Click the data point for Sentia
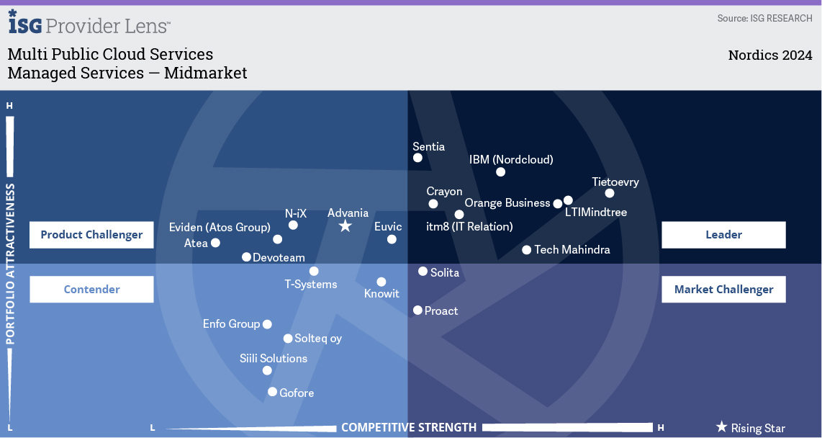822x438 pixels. [417, 158]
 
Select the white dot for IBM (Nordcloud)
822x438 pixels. [501, 172]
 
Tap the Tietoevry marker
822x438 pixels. [610, 193]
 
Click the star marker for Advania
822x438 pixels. [345, 226]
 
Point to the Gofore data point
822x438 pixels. [272, 392]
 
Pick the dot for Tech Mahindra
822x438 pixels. [527, 250]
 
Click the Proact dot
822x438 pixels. [417, 310]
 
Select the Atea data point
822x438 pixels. [214, 243]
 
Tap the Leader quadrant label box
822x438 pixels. [723, 235]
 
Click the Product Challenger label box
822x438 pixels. [91, 235]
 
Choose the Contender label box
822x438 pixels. [91, 290]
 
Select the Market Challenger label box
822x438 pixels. [723, 290]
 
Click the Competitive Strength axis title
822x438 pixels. [408, 427]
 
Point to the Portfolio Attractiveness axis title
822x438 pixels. [11, 264]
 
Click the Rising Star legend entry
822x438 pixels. [750, 428]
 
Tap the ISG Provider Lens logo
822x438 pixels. [89, 24]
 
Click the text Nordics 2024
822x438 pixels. [769, 55]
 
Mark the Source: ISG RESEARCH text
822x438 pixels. [764, 18]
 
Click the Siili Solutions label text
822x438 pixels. [274, 358]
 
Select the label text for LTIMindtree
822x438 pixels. [596, 213]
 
